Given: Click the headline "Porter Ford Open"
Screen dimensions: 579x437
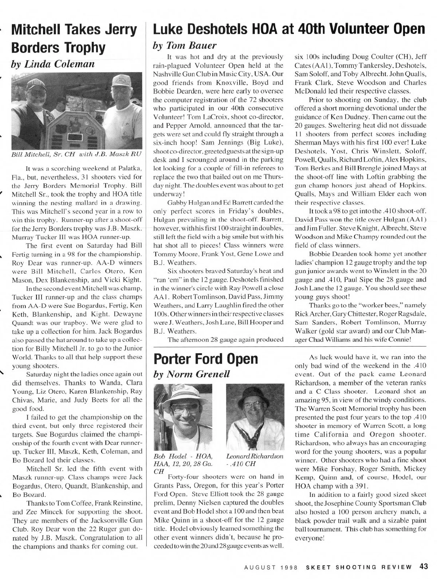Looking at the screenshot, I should (x=206, y=359).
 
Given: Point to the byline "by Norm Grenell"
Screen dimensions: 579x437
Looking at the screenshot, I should (x=193, y=374).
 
